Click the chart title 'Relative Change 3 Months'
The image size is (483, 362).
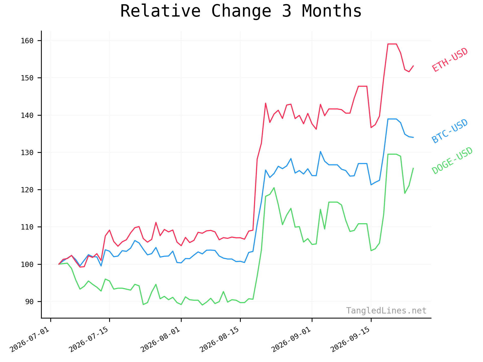(241, 11)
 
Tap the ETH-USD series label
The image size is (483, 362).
(450, 60)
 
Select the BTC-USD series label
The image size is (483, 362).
(450, 131)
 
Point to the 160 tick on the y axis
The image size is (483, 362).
(27, 41)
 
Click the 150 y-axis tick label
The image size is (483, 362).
(27, 78)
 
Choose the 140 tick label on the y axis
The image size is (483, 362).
(27, 115)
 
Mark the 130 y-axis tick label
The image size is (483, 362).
(27, 153)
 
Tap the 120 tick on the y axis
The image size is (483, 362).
(27, 190)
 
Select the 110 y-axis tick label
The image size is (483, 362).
(27, 227)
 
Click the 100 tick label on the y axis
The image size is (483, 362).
(27, 264)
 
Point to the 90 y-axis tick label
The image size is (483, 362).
(29, 302)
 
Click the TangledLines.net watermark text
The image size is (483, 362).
(386, 311)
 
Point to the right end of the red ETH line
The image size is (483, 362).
(413, 66)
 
